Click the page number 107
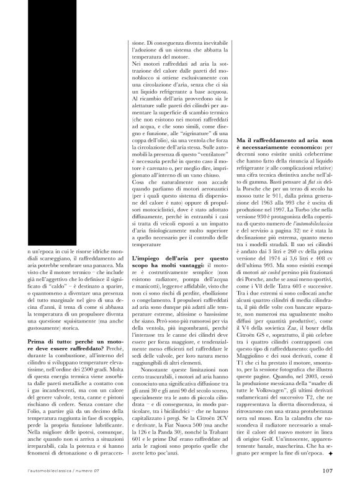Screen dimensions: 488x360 coord(329,469)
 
